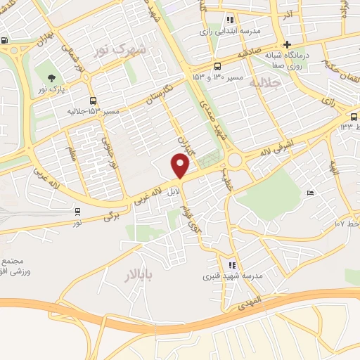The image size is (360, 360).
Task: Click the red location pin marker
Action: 181,166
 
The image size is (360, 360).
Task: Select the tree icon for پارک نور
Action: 51,77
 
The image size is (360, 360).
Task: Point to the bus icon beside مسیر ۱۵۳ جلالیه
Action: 93,101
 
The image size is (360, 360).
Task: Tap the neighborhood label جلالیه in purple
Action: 265,82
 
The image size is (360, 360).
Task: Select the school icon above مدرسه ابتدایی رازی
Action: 230,20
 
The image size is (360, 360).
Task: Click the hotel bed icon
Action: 310,193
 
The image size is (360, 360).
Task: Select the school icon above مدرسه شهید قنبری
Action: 232,265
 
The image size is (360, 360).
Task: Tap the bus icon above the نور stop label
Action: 77,210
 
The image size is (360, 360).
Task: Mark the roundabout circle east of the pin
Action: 234,160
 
